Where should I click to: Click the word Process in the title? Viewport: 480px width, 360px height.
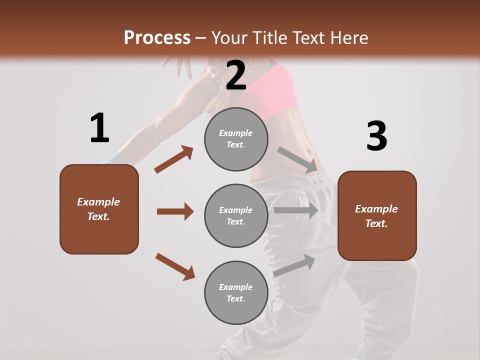coord(157,38)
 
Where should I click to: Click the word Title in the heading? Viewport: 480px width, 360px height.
coord(270,38)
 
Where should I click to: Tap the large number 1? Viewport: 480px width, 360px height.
coord(99,128)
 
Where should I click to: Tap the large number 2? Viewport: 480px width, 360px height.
coord(236,75)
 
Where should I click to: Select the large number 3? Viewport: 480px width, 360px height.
coord(376,136)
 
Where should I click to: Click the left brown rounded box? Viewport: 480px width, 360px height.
coord(99,209)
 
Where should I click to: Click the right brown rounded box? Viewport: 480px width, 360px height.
coord(377,215)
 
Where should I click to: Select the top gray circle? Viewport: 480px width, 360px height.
coord(236,139)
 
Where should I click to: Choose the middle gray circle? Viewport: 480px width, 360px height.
coord(236,215)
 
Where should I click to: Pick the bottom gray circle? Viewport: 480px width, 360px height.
coord(236,293)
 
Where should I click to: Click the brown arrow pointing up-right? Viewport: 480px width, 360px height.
coord(173,159)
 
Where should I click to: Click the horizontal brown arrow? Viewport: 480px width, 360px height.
coord(175,211)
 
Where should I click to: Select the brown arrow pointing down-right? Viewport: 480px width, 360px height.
coord(175,266)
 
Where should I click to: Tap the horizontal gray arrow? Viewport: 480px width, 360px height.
coord(296,210)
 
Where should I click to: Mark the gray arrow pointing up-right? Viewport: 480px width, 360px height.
coord(294,265)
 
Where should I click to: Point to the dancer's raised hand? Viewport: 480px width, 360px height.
coord(180,65)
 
